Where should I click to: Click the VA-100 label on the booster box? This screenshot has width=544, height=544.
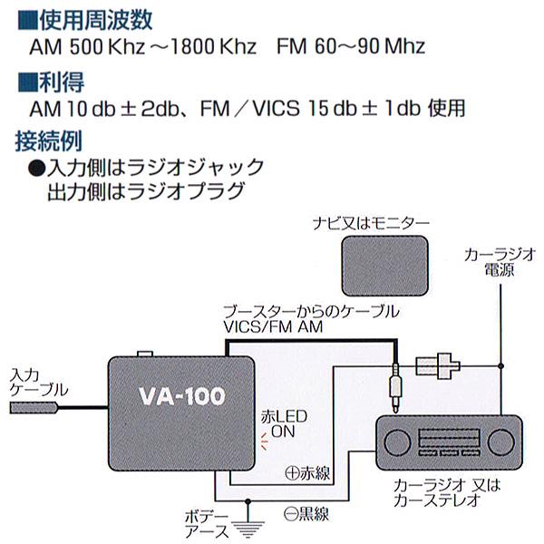point(179,396)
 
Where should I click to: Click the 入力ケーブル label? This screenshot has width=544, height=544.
point(35,379)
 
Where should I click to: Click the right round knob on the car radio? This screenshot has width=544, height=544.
point(502,444)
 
